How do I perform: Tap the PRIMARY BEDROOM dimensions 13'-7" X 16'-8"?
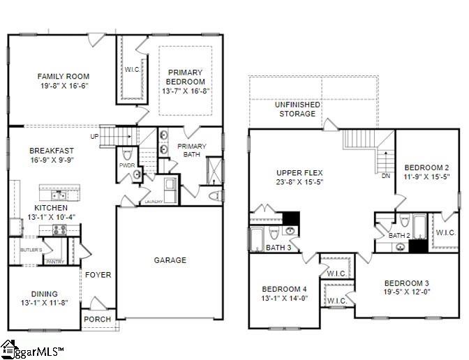[185, 91]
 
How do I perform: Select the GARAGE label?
[170, 260]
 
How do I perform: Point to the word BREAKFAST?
[53, 151]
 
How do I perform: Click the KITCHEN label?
[51, 208]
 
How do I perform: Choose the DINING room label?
[44, 294]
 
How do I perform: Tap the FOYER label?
[98, 275]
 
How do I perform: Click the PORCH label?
[97, 319]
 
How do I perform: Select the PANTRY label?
[54, 262]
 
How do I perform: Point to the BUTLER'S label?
[31, 249]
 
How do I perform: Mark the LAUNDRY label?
[154, 202]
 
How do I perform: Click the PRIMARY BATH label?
[192, 150]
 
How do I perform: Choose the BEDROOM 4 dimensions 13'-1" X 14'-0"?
[285, 299]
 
